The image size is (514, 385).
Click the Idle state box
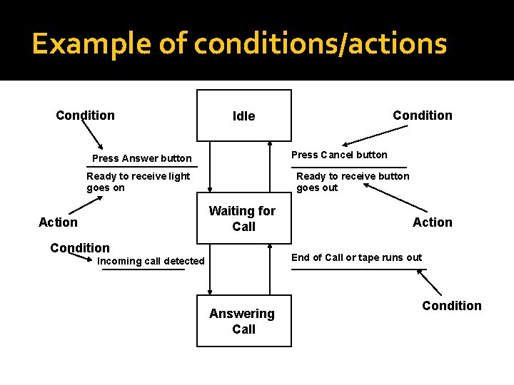pyautogui.click(x=244, y=115)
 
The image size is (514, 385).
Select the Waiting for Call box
pyautogui.click(x=242, y=219)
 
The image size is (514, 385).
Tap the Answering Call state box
pyautogui.click(x=243, y=321)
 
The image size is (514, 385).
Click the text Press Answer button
pyautogui.click(x=142, y=158)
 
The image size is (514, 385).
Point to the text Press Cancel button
pyautogui.click(x=340, y=155)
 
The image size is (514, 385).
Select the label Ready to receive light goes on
pyautogui.click(x=138, y=182)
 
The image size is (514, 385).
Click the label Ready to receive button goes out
pyautogui.click(x=353, y=182)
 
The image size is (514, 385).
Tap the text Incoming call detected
pyautogui.click(x=151, y=261)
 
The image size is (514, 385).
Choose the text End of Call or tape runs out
pyautogui.click(x=356, y=257)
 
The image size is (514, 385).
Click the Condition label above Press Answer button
pyautogui.click(x=85, y=115)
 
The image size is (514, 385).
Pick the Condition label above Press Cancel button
pyautogui.click(x=423, y=115)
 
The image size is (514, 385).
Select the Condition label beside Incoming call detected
pyautogui.click(x=80, y=248)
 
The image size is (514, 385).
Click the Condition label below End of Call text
pyautogui.click(x=452, y=306)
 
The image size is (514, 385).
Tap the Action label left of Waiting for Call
pyautogui.click(x=58, y=222)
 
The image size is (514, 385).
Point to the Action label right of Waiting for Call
pyautogui.click(x=433, y=222)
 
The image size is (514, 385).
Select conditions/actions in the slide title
pyautogui.click(x=321, y=44)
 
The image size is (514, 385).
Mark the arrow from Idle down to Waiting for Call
pyautogui.click(x=210, y=171)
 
